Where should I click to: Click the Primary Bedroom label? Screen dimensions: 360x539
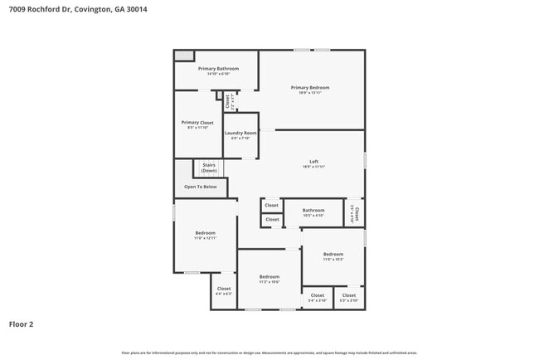tap(310, 87)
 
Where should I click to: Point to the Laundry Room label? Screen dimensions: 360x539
tap(240, 133)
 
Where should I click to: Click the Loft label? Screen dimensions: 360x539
tap(313, 161)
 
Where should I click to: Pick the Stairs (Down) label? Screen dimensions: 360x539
tap(209, 168)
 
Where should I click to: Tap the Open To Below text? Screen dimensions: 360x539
tap(201, 187)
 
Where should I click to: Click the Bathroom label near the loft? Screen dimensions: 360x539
tap(313, 210)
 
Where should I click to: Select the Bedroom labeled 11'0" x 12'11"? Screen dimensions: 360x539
tap(206, 233)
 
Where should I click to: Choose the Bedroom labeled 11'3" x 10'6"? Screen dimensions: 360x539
tap(269, 276)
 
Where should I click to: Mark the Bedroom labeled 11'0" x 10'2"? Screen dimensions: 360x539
tap(333, 254)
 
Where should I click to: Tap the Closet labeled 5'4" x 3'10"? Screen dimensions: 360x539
tap(318, 294)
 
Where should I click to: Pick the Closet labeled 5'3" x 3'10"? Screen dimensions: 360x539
tap(349, 294)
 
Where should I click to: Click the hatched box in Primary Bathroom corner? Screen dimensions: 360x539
tap(184, 56)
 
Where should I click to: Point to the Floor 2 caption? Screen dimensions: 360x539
tap(22, 324)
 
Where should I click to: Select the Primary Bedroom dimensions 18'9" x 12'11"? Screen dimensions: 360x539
tap(310, 93)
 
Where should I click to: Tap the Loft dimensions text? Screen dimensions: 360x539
tap(313, 167)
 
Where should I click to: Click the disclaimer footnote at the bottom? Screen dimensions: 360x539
tap(269, 353)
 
